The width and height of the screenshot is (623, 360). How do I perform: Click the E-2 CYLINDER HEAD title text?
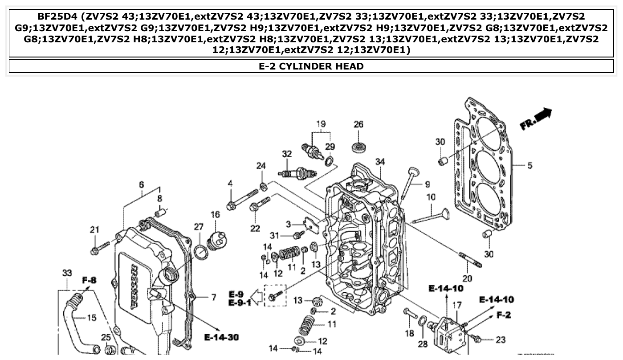coord(311,66)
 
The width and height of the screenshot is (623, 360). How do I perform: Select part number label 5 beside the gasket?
coord(529,166)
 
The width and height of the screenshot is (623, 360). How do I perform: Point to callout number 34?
coord(380,162)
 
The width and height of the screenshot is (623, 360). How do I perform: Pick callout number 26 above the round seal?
coord(359,124)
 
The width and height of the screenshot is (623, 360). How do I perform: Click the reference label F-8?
coord(89,281)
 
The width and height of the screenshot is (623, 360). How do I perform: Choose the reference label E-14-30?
coord(221,337)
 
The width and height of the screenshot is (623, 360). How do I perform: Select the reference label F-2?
coord(503,315)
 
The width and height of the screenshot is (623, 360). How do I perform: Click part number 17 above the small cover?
coord(457,306)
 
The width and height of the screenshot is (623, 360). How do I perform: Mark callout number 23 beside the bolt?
coord(501,340)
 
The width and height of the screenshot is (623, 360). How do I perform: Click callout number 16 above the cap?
coord(215,215)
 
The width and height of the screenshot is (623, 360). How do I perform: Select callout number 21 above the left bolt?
coord(94,230)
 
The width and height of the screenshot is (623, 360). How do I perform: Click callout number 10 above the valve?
coord(431,197)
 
